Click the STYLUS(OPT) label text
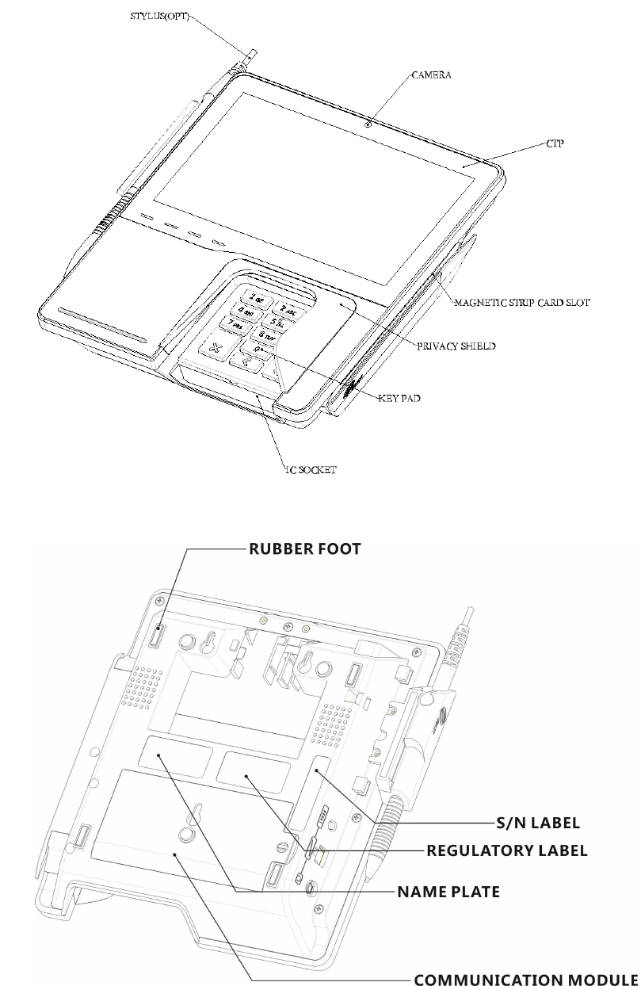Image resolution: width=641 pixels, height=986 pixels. tap(161, 16)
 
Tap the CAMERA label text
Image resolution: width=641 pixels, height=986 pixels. tap(431, 75)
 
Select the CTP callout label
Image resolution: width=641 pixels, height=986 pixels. tap(555, 144)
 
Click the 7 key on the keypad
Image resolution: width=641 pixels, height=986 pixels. tap(235, 324)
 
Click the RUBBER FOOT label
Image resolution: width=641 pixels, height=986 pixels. tap(305, 548)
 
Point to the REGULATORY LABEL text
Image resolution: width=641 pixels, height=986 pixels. tap(507, 850)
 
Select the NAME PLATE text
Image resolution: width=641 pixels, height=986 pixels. tap(448, 892)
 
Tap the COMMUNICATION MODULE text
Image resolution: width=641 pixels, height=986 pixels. tap(525, 979)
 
